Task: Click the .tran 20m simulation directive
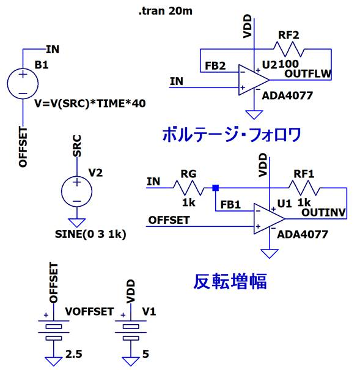(x=166, y=11)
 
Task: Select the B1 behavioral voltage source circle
(x=23, y=84)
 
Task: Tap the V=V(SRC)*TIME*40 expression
(x=90, y=103)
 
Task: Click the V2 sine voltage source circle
(x=76, y=191)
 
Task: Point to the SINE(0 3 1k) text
(x=90, y=234)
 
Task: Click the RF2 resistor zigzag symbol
(x=288, y=49)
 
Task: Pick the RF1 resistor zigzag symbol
(x=304, y=188)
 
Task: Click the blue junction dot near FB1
(x=216, y=188)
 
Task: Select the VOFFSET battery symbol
(x=54, y=330)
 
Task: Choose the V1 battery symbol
(x=131, y=330)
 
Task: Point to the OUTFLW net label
(x=307, y=74)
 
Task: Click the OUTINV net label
(x=323, y=213)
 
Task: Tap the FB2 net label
(x=215, y=66)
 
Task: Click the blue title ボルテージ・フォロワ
(x=232, y=135)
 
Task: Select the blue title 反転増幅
(x=230, y=281)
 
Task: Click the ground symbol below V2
(x=76, y=223)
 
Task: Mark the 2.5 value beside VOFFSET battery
(x=73, y=354)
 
